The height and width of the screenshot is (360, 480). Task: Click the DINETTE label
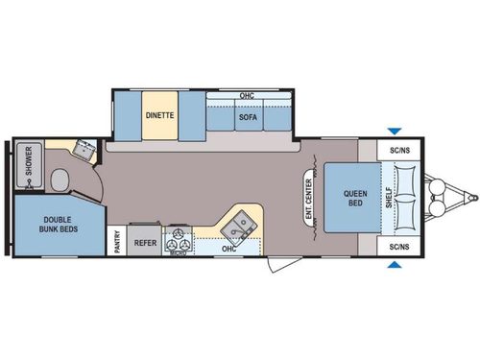coord(159,115)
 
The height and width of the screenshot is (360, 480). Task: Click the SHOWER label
coord(29,159)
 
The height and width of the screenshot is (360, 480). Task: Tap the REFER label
coord(145,243)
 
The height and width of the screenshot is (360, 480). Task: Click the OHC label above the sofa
coord(246,96)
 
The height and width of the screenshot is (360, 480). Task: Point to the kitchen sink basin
coord(238,227)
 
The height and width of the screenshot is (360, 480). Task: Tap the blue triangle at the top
coord(392,132)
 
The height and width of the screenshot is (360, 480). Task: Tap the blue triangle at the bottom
coord(392,267)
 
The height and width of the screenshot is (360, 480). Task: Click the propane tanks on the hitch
coord(437,200)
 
